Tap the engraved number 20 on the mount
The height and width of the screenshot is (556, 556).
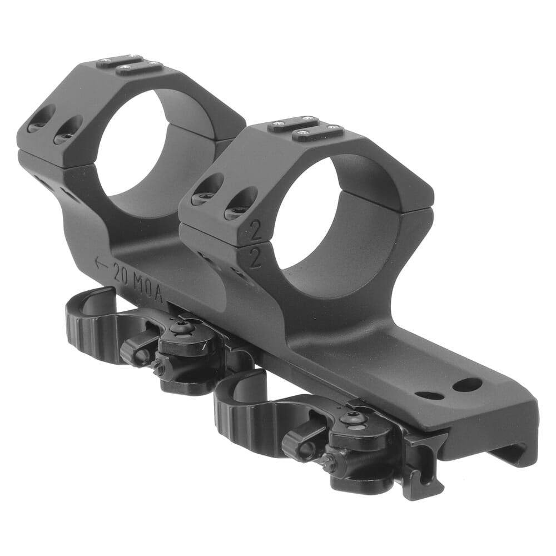tap(122, 273)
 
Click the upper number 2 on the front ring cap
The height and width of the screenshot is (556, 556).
tap(256, 230)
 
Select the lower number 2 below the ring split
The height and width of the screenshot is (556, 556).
tap(255, 259)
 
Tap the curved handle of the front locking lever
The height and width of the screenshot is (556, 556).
tap(239, 400)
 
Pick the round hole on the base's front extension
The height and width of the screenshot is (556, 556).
tap(466, 384)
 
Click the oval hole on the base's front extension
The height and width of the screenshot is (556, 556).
tap(429, 395)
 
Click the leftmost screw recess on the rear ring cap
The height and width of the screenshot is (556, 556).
tap(41, 119)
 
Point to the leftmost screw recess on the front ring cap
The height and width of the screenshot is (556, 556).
tap(207, 190)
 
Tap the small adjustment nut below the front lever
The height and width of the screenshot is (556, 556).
tap(329, 461)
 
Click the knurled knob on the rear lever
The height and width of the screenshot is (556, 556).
tap(132, 351)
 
